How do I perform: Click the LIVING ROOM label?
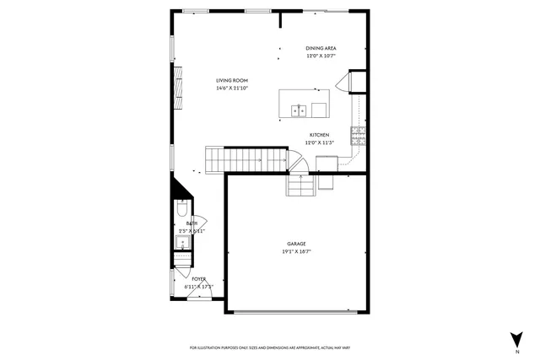pyautogui.click(x=231, y=80)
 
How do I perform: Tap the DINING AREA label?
pyautogui.click(x=321, y=48)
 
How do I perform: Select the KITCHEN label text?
pyautogui.click(x=319, y=135)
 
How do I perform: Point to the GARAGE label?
pyautogui.click(x=294, y=244)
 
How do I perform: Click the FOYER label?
pyautogui.click(x=198, y=278)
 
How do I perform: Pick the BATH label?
pyautogui.click(x=192, y=223)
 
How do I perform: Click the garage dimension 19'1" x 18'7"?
pyautogui.click(x=294, y=251)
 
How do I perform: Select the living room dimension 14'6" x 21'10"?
pyautogui.click(x=231, y=88)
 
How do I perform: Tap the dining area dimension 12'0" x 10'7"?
pyautogui.click(x=321, y=56)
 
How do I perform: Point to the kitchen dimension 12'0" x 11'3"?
pyautogui.click(x=319, y=142)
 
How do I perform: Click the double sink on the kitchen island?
pyautogui.click(x=298, y=110)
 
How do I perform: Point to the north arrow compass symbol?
pyautogui.click(x=515, y=340)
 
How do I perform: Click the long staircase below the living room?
pyautogui.click(x=244, y=158)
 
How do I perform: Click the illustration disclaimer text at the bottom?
pyautogui.click(x=270, y=347)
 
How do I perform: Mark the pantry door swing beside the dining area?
pyautogui.click(x=344, y=83)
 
